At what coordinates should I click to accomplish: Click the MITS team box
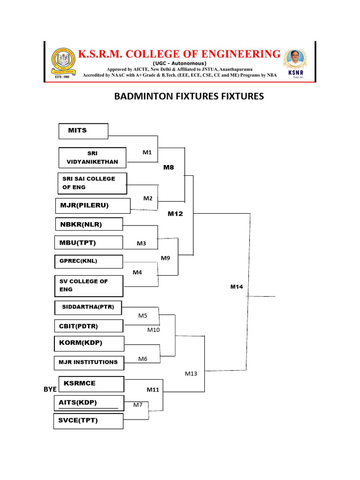pos(83,131)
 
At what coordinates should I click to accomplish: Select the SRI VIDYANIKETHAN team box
pos(93,157)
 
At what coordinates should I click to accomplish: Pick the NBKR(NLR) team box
pos(89,225)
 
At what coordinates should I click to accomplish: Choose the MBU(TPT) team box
pos(89,243)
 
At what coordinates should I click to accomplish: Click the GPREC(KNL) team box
pos(89,261)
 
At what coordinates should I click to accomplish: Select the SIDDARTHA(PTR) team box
pos(88,307)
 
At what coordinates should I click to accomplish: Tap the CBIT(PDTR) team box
pos(89,326)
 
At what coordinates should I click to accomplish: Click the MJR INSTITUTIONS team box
pos(89,362)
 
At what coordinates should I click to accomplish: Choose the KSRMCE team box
pos(91,383)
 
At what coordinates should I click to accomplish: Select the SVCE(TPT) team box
pos(89,420)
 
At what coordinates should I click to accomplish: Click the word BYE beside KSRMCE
pos(50,390)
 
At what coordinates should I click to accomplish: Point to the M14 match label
pos(236,286)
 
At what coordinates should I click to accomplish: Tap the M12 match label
pos(175,214)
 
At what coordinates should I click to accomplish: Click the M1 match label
pos(148,152)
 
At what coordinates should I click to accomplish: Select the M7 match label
pos(137,405)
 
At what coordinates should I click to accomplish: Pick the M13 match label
pos(191,374)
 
